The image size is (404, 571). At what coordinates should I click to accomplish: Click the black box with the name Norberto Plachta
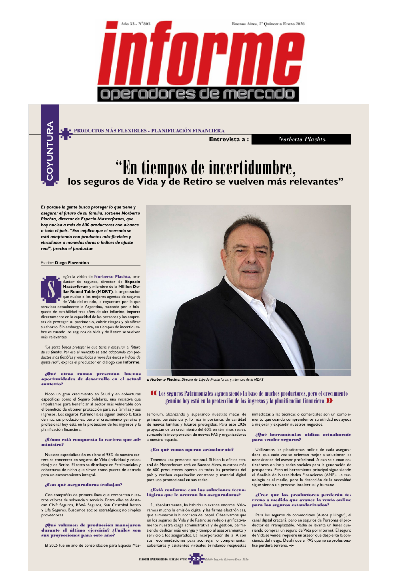pyautogui.click(x=301, y=139)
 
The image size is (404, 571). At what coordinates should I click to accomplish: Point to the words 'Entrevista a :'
pyautogui.click(x=229, y=139)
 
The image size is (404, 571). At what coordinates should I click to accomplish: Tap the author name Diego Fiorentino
pyautogui.click(x=72, y=263)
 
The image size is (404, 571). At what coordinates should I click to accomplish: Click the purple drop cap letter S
pyautogui.click(x=51, y=289)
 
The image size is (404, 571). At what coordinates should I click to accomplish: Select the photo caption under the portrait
pyautogui.click(x=205, y=379)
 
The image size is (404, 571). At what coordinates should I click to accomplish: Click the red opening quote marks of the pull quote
pyautogui.click(x=153, y=393)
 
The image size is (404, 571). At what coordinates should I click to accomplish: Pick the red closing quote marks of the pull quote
pyautogui.click(x=329, y=401)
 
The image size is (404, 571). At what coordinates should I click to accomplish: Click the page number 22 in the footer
pyautogui.click(x=196, y=559)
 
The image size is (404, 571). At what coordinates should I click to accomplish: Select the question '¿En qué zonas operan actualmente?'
pyautogui.click(x=192, y=450)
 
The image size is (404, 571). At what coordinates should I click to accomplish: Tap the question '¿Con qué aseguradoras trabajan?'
pyautogui.click(x=83, y=485)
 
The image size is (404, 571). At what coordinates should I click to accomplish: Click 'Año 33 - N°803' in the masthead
pyautogui.click(x=135, y=24)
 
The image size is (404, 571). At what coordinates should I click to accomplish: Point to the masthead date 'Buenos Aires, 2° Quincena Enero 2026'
pyautogui.click(x=268, y=24)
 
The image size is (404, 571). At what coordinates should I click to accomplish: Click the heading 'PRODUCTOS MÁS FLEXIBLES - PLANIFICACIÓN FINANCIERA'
pyautogui.click(x=149, y=131)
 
